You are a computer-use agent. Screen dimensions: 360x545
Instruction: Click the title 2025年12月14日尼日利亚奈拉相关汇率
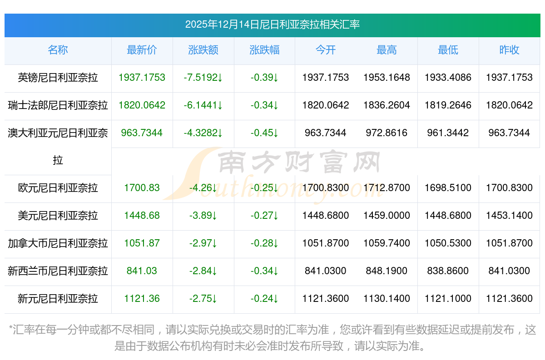click(272, 25)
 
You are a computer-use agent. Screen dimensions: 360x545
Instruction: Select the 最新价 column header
click(142, 50)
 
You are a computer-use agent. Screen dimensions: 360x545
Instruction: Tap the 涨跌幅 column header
click(264, 50)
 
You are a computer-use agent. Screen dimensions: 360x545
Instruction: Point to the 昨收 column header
click(509, 50)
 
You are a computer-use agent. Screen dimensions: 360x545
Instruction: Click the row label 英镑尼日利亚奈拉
click(58, 78)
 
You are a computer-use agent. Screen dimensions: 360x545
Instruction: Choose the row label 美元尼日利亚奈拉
click(58, 216)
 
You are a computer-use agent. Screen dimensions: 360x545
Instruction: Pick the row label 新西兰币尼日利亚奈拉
click(58, 271)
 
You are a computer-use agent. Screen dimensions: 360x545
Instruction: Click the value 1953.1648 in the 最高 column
click(386, 78)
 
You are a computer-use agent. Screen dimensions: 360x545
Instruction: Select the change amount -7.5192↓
click(203, 78)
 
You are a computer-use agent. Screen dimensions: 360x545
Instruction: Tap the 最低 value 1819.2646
click(448, 105)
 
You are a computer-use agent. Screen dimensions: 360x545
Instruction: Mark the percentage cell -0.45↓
click(264, 133)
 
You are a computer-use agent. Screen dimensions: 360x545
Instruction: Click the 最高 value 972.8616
click(386, 133)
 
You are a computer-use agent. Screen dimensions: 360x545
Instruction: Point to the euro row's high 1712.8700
click(386, 188)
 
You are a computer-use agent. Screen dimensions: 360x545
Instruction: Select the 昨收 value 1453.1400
click(509, 216)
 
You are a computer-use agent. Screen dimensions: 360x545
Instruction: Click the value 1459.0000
click(386, 216)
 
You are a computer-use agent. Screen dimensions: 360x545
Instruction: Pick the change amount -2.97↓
click(203, 243)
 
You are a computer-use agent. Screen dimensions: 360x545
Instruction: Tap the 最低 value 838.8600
click(448, 271)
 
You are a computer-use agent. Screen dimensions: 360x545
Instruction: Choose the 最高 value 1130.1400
click(386, 299)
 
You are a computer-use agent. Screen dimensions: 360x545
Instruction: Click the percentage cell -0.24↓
click(264, 299)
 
